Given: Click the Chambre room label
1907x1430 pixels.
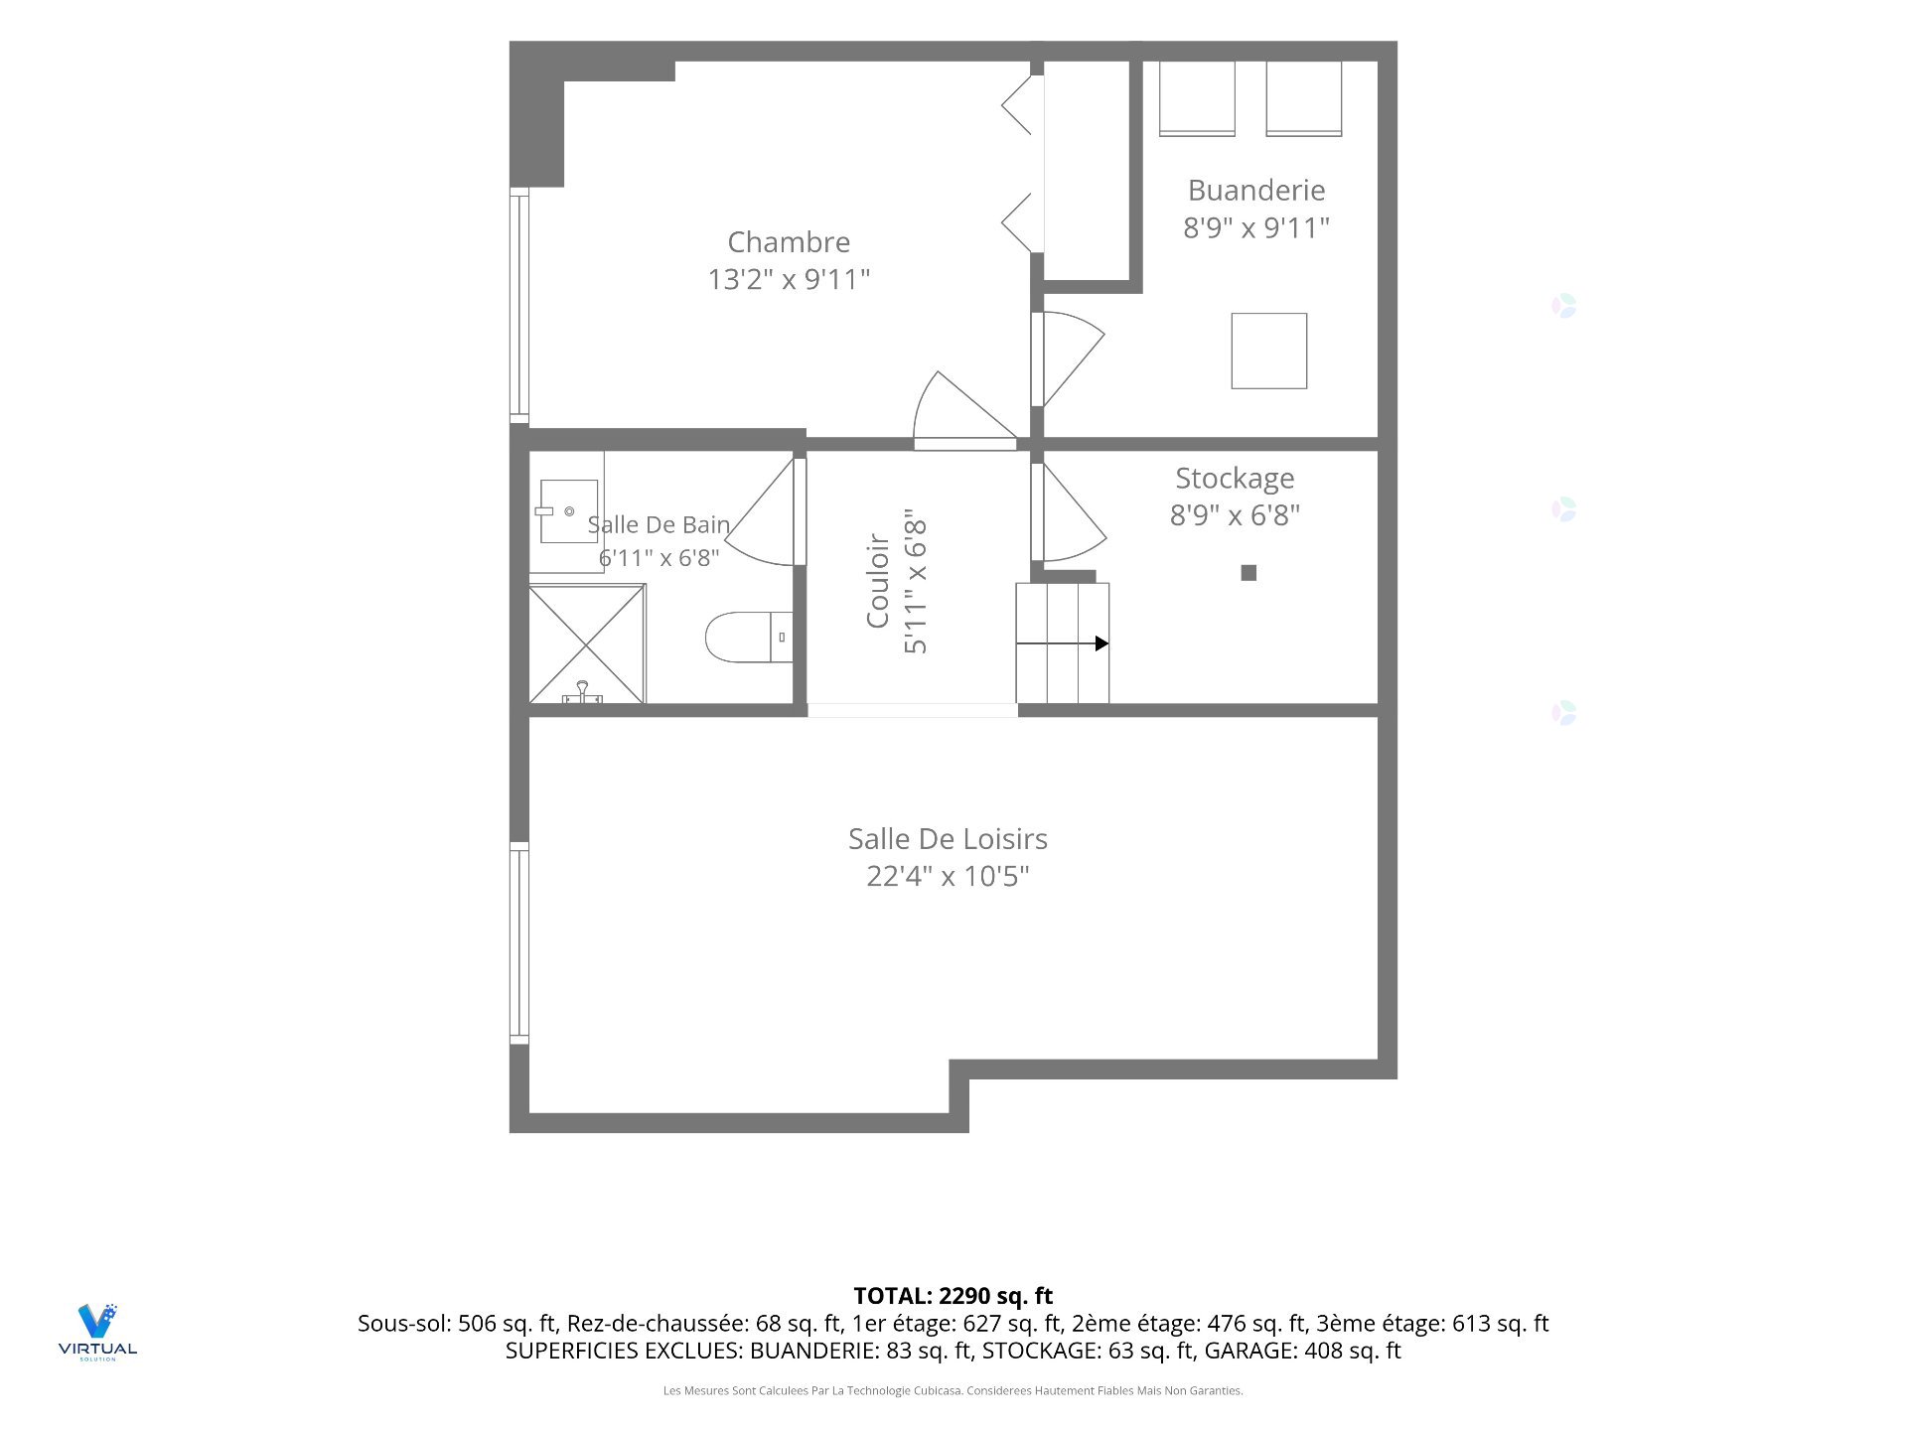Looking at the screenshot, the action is pos(789,242).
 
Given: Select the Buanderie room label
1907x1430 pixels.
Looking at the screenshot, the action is pos(1256,191).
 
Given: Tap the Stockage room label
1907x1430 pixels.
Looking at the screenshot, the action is pos(1235,479).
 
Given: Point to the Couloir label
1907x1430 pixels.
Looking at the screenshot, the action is pos(878,581).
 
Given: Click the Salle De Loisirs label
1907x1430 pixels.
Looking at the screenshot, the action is pos(948,839).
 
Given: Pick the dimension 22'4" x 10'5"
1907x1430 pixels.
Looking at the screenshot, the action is pos(948,876).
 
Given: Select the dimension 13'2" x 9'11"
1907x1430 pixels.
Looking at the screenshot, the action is pos(789,279).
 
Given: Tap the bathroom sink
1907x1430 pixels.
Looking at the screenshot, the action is pos(568,511).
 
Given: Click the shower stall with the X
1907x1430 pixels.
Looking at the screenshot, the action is pos(587,644).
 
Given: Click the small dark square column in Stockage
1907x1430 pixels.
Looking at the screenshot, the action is pos(1249,573).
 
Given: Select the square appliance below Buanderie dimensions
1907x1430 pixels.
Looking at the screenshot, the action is pos(1269,351).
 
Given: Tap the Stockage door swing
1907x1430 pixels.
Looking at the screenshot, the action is pos(1074,512).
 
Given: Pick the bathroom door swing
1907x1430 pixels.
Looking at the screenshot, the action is pos(760,511).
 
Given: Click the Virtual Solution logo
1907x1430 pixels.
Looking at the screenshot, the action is pos(97,1332).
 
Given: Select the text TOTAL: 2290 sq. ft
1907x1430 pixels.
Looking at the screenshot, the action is pos(953,1296).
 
